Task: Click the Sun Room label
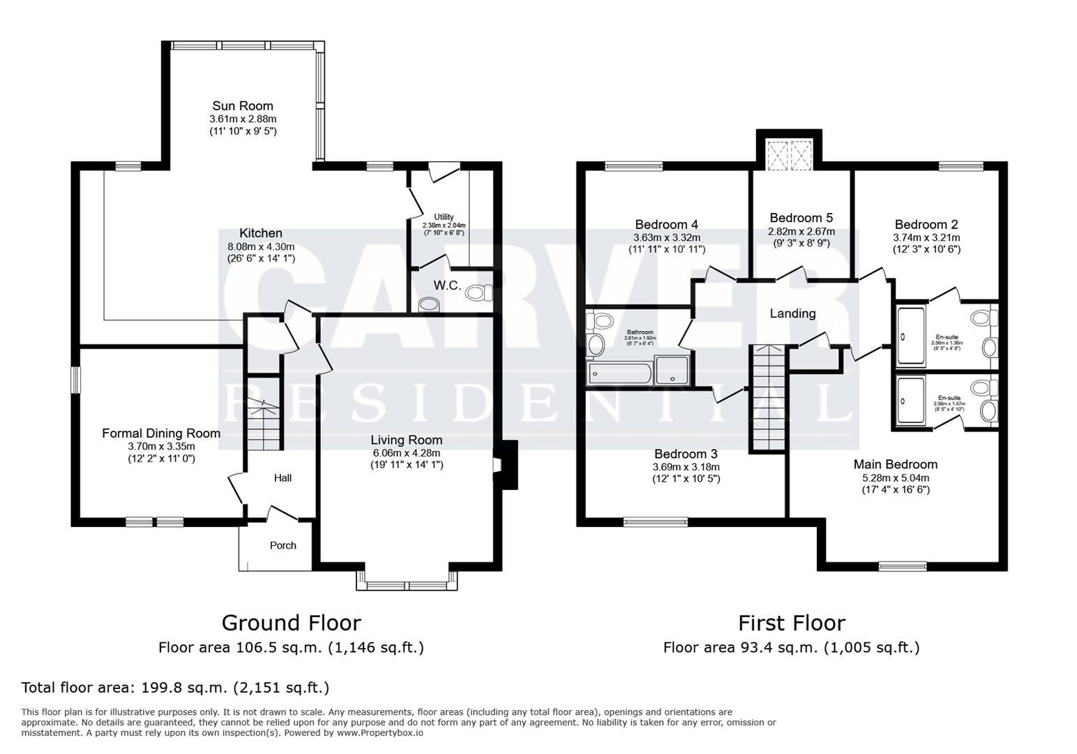tap(243, 106)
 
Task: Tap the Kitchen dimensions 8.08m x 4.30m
tap(261, 246)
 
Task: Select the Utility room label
tap(444, 217)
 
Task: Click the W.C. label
tap(446, 286)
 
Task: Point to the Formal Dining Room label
tap(161, 434)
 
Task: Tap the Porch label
tap(283, 545)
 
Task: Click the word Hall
tap(283, 478)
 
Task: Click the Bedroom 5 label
tap(801, 218)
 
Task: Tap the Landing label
tap(792, 313)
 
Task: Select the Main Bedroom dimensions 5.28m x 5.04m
tap(896, 478)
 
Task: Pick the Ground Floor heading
tap(291, 623)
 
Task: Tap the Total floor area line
tap(176, 688)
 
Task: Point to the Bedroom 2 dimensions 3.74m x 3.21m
tap(926, 237)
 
